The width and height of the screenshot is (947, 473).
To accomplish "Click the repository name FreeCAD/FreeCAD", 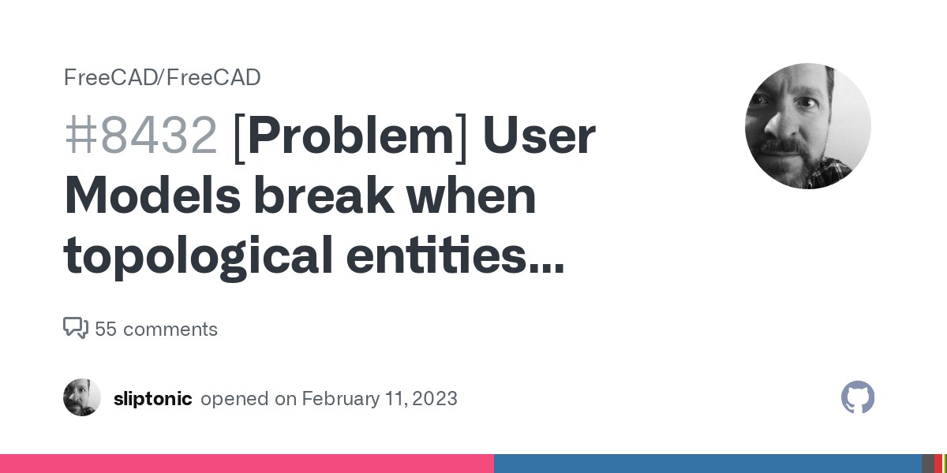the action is point(163,78).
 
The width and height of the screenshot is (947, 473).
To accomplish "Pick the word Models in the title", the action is point(152,196).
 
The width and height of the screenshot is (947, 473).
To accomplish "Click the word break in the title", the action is point(324,196).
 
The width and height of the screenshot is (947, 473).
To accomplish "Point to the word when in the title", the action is point(472,196).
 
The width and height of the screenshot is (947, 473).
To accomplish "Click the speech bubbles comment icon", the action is point(76,328).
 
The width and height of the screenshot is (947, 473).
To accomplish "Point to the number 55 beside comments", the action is point(106,330).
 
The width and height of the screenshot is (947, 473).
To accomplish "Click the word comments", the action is point(170,330).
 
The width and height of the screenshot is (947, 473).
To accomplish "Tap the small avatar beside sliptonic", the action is point(82,397).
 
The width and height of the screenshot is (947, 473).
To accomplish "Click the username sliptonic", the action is point(153,399).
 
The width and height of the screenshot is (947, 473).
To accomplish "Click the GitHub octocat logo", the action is point(858,397).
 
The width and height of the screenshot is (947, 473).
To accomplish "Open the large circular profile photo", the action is point(808,126).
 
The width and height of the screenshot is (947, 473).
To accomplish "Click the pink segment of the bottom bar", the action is point(247,464).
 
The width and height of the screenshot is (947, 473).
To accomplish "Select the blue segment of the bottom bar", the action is point(708,464).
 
